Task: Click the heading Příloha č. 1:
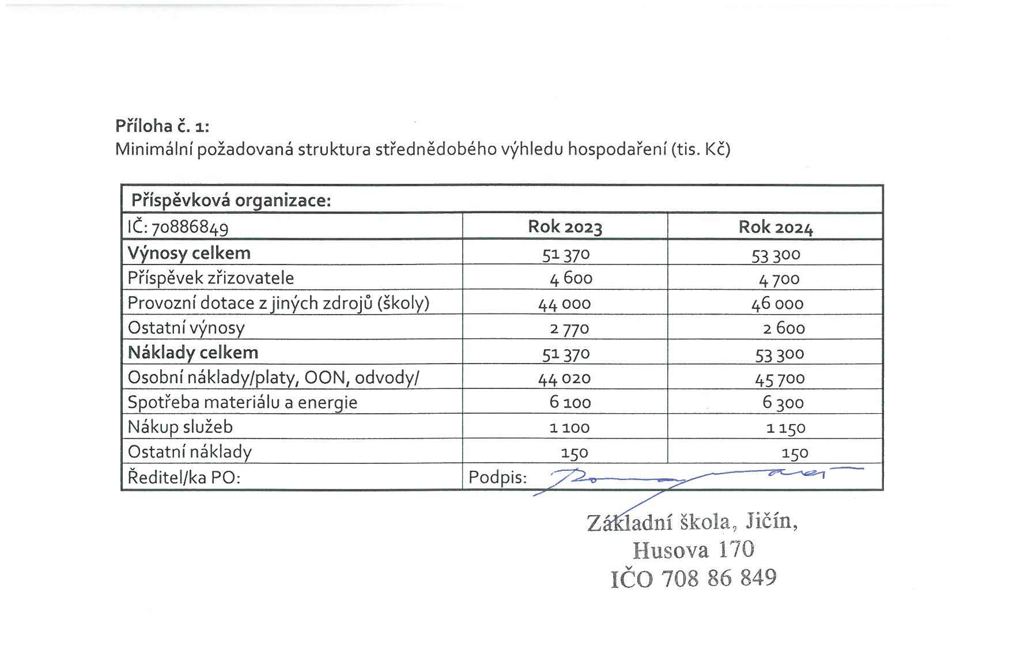click(x=162, y=126)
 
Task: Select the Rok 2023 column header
click(x=565, y=227)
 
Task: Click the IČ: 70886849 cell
click(x=178, y=227)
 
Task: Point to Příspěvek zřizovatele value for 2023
click(x=570, y=279)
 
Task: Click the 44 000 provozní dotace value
click(x=564, y=304)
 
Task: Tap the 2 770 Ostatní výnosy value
click(x=569, y=328)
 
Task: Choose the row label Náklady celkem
click(x=193, y=353)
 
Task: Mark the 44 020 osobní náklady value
click(x=564, y=378)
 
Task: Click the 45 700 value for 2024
click(x=780, y=379)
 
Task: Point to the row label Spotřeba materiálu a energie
click(x=242, y=402)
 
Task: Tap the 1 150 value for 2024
click(x=786, y=428)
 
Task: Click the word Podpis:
click(x=497, y=478)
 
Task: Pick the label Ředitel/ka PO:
click(x=183, y=478)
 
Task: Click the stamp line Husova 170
click(x=693, y=550)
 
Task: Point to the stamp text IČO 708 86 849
click(x=693, y=578)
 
